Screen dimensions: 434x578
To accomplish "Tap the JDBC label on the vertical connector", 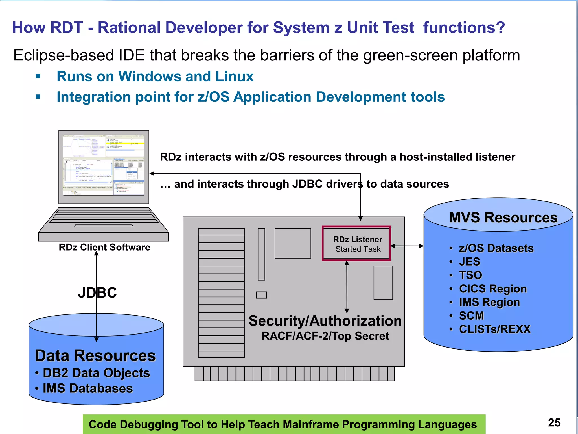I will [97, 293].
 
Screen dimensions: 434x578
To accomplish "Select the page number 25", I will [554, 423].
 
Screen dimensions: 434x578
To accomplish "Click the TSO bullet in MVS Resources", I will [470, 275].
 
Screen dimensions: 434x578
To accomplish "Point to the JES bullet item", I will [469, 262].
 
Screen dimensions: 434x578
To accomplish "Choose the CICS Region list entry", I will [493, 289].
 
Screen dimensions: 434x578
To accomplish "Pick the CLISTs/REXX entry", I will [495, 329].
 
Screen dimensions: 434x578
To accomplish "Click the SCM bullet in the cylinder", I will [471, 316].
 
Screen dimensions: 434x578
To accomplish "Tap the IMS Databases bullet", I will [87, 388].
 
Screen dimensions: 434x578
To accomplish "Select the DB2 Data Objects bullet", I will [96, 373].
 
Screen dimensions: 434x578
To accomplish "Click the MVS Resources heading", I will [503, 218].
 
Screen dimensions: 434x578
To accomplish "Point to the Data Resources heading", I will [95, 355].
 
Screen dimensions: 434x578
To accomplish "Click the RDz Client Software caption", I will [104, 247].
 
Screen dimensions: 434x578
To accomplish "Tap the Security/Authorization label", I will [325, 321].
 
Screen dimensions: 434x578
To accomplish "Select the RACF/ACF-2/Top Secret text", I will [325, 336].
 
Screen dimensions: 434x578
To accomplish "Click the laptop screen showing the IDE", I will [104, 165].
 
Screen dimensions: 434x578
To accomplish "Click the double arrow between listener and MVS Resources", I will [407, 246].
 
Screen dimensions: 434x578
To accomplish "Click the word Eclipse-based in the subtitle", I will [63, 55].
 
